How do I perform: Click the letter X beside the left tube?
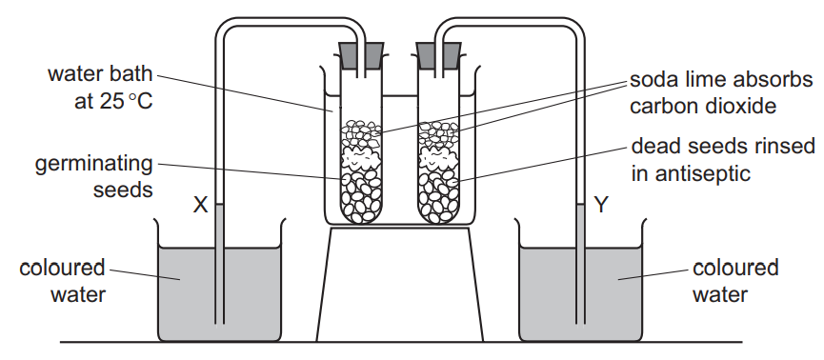(200, 204)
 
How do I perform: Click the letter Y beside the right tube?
(601, 204)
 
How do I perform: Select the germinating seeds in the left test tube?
(361, 195)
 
